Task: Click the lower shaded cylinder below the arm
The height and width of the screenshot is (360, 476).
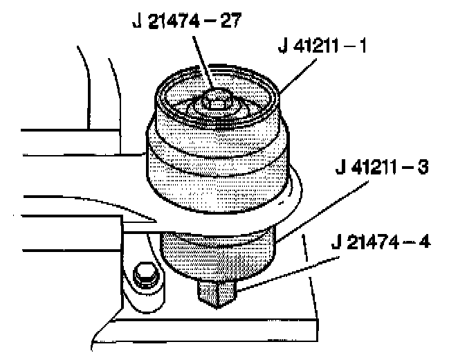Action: pos(218,253)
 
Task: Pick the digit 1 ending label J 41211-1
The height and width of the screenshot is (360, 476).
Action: pos(365,48)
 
